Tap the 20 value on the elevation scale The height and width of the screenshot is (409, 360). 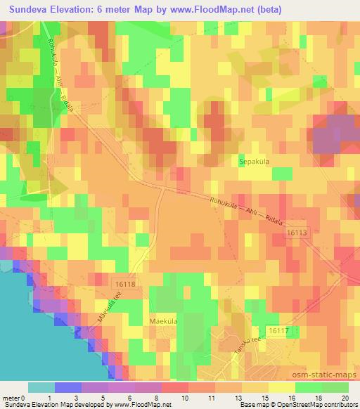[x=344, y=398]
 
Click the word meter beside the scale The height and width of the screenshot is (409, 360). [x=12, y=398]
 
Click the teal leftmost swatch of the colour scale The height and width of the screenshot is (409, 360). [x=41, y=387]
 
